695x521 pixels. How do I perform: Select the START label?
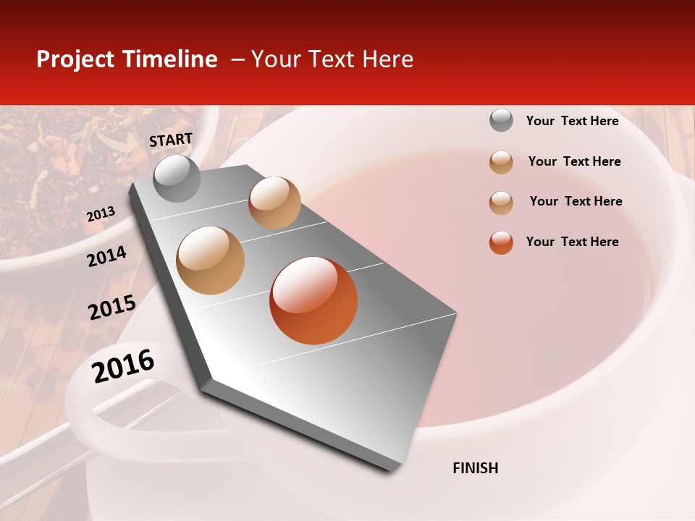(x=171, y=140)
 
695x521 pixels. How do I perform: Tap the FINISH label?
(x=476, y=468)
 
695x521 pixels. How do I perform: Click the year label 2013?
(x=101, y=214)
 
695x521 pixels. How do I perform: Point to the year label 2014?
(x=106, y=256)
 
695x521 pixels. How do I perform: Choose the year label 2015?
(x=112, y=308)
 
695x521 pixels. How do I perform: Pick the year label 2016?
(x=123, y=366)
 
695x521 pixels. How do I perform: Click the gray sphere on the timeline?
(x=177, y=178)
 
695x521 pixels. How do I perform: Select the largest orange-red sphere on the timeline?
(x=313, y=300)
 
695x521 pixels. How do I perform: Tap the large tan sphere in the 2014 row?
(x=211, y=260)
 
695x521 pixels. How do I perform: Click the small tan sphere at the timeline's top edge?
(x=274, y=202)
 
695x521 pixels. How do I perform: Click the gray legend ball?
(x=501, y=120)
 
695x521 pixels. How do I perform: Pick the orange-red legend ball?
(x=501, y=242)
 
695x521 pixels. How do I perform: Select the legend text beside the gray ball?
(x=572, y=121)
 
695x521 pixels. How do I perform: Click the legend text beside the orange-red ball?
(x=572, y=242)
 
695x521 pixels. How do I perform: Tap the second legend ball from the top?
(x=501, y=161)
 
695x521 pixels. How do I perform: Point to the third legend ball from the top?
(x=501, y=202)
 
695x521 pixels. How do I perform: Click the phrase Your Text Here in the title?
(x=332, y=59)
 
